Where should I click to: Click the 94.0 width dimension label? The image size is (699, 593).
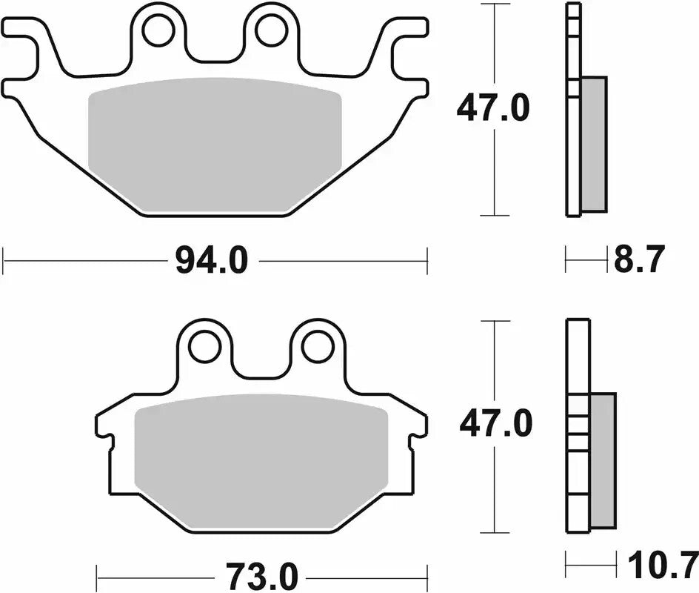click(x=211, y=261)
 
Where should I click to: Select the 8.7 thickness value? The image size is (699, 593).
click(x=640, y=260)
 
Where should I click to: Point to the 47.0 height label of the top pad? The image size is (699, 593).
click(x=492, y=110)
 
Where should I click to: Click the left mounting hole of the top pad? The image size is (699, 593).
click(x=158, y=30)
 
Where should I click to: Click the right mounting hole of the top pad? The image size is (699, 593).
click(x=271, y=30)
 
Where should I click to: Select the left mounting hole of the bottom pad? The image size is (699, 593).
click(x=204, y=346)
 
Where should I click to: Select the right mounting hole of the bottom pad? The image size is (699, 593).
click(x=318, y=346)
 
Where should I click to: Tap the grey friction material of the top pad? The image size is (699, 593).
click(x=215, y=145)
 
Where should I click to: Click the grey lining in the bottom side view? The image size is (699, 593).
click(x=603, y=460)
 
